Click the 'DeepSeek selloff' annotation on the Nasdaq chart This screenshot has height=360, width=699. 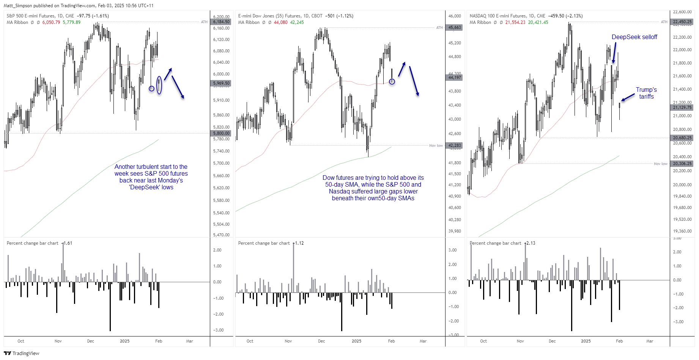[634, 37]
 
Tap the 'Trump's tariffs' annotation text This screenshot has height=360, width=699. [646, 93]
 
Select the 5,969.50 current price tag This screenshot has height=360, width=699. [221, 83]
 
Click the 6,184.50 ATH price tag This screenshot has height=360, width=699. [221, 22]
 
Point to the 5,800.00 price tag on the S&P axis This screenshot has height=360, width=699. [221, 133]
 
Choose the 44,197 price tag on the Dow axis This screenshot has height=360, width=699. [455, 77]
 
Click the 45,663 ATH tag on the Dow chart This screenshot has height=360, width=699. [455, 27]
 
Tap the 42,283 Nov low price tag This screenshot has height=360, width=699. [455, 145]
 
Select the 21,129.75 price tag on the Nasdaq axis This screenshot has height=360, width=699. [682, 107]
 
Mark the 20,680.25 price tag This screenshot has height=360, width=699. [682, 138]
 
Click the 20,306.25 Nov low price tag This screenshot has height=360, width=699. [682, 163]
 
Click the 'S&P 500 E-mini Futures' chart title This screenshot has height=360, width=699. [31, 16]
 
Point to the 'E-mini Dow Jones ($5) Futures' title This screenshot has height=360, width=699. [269, 16]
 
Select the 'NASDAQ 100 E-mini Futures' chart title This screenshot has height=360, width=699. [497, 16]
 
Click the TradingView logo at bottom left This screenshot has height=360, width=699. [22, 353]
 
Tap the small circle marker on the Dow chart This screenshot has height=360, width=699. [392, 82]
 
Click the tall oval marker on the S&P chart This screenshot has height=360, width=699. [159, 85]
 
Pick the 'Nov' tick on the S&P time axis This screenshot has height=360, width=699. [58, 341]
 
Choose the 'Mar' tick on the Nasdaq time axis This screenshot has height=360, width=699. [650, 341]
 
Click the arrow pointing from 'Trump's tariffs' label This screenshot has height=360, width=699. [628, 97]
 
